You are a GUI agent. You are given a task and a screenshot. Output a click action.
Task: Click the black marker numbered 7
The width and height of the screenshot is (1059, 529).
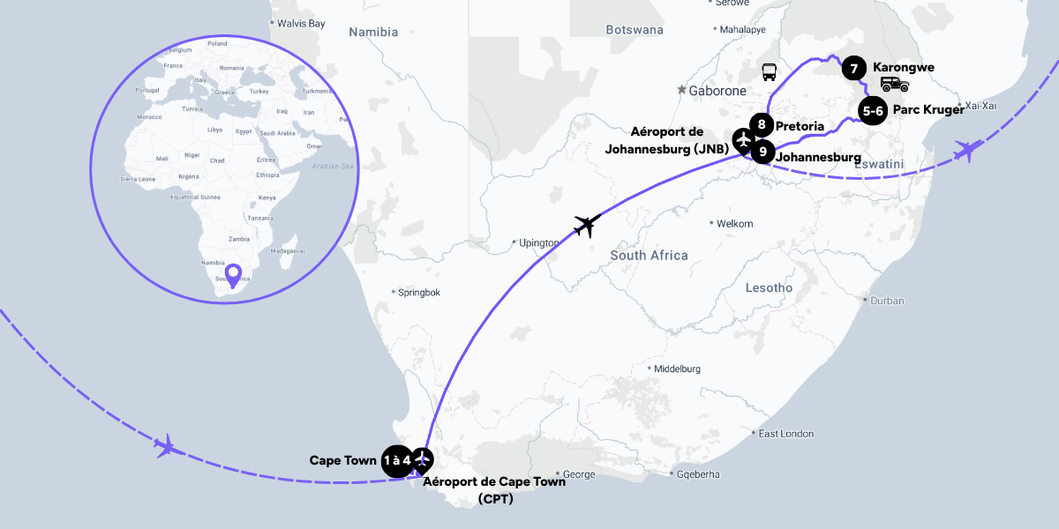[x=852, y=68]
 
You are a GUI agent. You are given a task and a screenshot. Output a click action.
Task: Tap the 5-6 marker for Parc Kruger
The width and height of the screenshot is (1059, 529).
[x=873, y=111]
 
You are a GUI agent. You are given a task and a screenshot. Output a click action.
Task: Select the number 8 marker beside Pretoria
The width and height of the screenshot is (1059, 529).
[x=761, y=126]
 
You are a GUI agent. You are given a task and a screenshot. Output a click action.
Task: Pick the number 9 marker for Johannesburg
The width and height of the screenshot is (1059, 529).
[x=762, y=152]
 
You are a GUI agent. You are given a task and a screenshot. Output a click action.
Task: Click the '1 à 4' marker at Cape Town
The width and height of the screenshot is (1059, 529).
[x=397, y=460]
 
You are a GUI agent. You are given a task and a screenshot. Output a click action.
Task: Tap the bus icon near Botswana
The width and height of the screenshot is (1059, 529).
[x=770, y=72]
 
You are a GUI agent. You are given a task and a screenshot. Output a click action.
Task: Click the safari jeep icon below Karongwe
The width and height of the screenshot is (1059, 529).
[x=894, y=84]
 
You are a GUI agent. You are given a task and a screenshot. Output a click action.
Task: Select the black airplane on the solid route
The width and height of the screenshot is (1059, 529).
[x=587, y=225]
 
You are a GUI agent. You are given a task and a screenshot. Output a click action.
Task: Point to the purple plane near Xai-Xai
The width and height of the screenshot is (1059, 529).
[x=968, y=151]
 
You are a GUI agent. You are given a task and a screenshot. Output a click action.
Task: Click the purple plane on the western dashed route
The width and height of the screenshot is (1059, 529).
[x=165, y=445]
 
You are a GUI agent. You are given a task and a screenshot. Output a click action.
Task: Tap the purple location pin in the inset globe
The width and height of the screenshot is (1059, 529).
[x=233, y=274]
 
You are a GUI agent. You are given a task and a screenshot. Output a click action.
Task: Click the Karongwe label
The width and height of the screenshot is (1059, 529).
[x=903, y=67]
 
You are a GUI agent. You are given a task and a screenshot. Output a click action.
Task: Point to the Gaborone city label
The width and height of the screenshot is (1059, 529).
[x=717, y=90]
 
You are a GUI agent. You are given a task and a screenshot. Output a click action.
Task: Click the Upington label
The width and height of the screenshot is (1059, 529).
[x=539, y=242]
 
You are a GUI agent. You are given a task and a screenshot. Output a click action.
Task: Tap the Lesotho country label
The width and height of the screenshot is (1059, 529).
[x=769, y=288]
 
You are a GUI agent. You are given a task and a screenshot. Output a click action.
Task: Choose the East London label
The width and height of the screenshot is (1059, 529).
[x=786, y=434]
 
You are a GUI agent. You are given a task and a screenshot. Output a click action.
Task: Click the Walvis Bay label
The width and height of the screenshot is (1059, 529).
[x=301, y=23]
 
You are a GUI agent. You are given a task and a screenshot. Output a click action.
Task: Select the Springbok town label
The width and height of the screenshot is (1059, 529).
[x=419, y=292]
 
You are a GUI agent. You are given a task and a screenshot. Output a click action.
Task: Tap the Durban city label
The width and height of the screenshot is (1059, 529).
[x=887, y=301]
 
